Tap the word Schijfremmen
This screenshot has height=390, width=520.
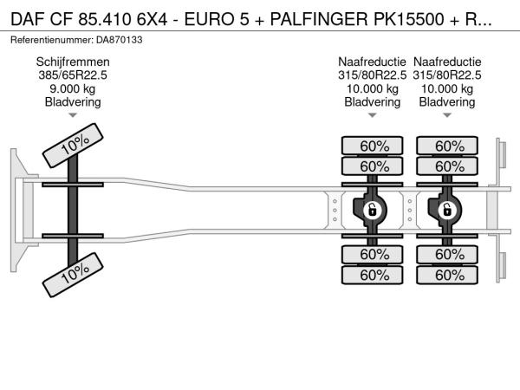[73, 62]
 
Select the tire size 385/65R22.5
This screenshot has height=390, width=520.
[73, 75]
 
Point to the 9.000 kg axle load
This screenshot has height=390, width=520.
[73, 88]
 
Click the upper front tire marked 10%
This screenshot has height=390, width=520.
[73, 146]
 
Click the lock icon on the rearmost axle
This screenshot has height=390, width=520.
[447, 210]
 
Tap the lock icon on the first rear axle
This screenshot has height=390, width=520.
[372, 210]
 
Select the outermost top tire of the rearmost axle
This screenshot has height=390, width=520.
[447, 146]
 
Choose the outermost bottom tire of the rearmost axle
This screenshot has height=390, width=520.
[447, 275]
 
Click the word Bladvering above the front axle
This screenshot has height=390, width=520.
[73, 101]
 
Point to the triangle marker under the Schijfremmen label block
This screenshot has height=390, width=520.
[73, 115]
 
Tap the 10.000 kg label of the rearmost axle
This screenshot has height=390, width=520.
[447, 88]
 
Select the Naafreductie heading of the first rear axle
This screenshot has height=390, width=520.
[372, 62]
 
